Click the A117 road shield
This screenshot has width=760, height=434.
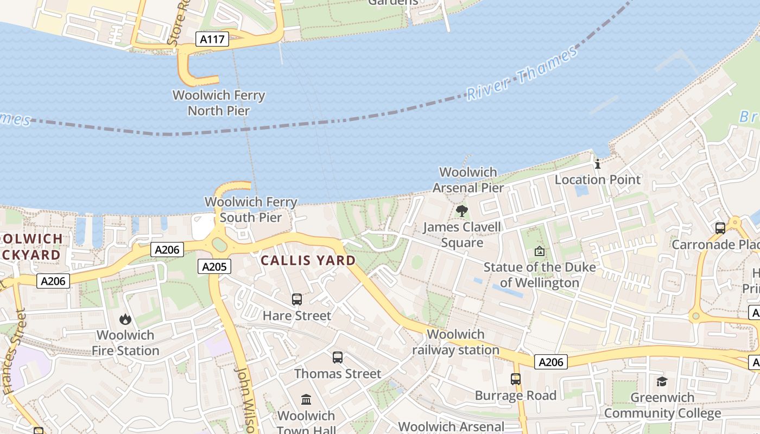click(212, 39)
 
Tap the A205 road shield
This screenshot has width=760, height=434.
click(216, 266)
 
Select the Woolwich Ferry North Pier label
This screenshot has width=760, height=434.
click(219, 103)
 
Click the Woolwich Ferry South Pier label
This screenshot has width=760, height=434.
click(251, 210)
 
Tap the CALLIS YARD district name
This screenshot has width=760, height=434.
click(308, 260)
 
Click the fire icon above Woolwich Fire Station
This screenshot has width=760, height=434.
click(125, 319)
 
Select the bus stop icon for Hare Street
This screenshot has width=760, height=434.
click(296, 299)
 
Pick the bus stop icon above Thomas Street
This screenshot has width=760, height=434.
click(338, 358)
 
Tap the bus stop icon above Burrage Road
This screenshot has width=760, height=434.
click(516, 379)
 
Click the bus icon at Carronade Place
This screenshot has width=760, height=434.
click(720, 228)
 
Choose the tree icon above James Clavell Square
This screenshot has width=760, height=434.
click(462, 210)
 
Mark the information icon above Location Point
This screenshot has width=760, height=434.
click(598, 163)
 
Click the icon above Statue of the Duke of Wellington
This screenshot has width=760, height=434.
click(539, 251)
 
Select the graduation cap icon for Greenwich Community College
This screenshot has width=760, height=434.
click(662, 381)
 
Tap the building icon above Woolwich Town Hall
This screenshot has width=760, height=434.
click(306, 400)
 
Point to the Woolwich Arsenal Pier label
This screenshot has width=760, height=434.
click(468, 180)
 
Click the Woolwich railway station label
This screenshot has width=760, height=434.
click(455, 342)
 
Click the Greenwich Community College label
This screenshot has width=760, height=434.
click(662, 405)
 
